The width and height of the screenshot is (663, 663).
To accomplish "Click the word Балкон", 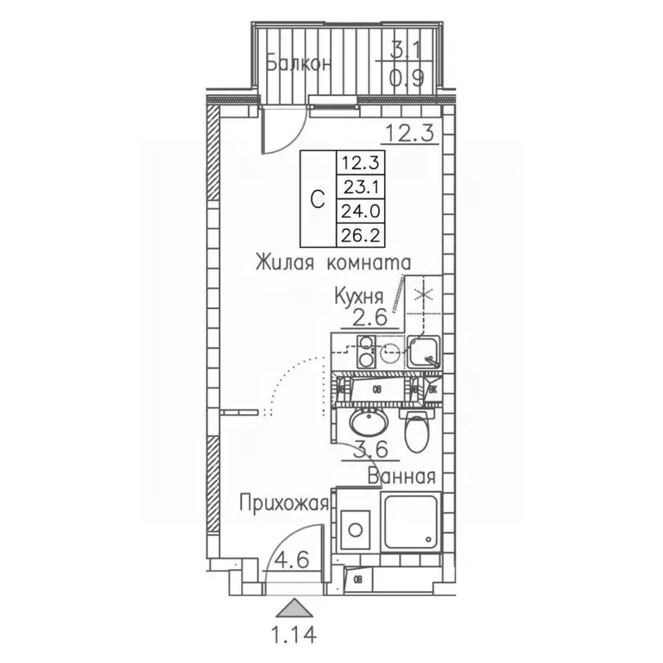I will point(298,63).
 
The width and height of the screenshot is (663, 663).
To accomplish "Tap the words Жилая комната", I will point(331,262).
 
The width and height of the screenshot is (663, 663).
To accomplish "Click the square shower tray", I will point(413,527).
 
